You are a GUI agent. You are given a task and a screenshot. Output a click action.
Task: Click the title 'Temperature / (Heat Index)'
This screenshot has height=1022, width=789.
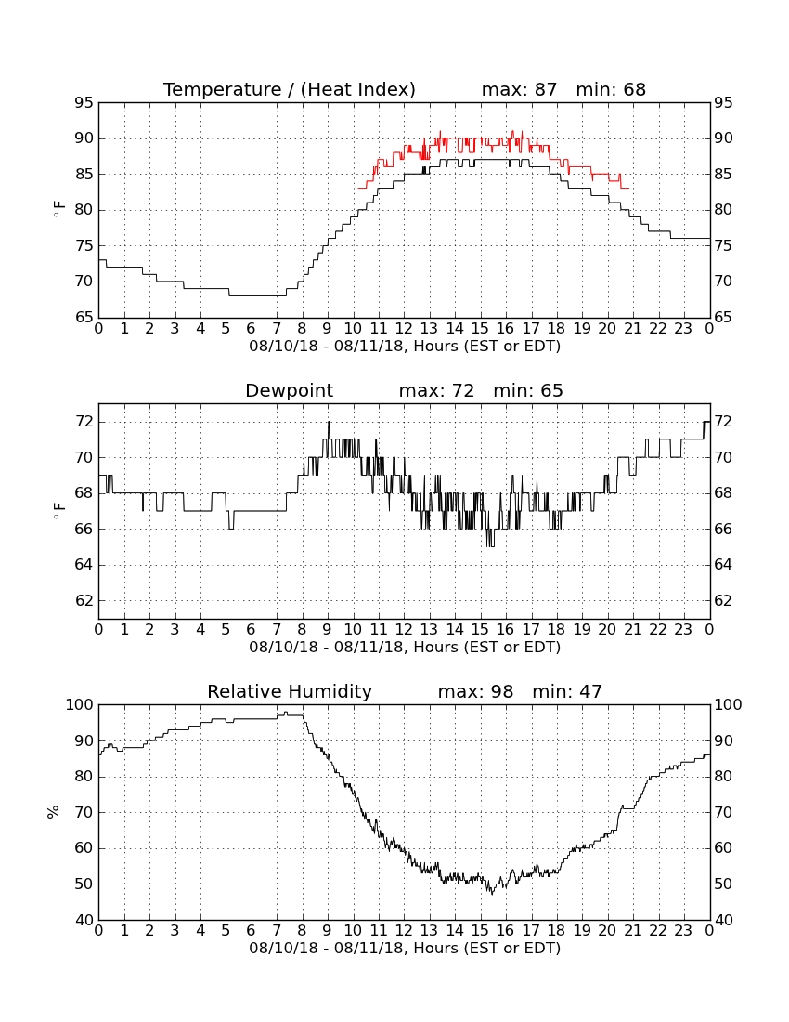pyautogui.click(x=289, y=89)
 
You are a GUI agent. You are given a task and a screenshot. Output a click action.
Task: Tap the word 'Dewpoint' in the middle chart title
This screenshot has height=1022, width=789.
pyautogui.click(x=289, y=391)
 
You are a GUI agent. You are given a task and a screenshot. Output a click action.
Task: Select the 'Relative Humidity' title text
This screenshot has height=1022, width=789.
pyautogui.click(x=289, y=691)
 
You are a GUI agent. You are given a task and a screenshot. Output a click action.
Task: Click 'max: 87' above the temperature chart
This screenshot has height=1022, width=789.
pyautogui.click(x=520, y=89)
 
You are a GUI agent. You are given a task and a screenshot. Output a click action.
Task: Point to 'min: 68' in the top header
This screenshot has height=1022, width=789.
pyautogui.click(x=611, y=89)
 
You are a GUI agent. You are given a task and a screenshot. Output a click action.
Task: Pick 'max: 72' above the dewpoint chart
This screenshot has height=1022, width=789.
pyautogui.click(x=436, y=391)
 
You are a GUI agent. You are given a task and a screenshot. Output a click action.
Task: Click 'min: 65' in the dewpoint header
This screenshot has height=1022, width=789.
pyautogui.click(x=528, y=391)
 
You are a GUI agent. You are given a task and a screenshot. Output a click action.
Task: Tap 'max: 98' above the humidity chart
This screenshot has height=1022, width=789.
pyautogui.click(x=475, y=691)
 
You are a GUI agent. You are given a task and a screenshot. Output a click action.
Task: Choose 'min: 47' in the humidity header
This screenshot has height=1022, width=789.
pyautogui.click(x=567, y=691)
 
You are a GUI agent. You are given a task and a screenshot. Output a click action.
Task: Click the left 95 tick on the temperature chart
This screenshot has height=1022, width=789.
pyautogui.click(x=84, y=103)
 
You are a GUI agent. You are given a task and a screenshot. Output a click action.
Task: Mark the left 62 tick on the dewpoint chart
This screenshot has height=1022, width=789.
pyautogui.click(x=84, y=600)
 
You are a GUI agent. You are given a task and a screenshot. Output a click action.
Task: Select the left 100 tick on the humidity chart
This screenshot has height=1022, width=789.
pyautogui.click(x=80, y=704)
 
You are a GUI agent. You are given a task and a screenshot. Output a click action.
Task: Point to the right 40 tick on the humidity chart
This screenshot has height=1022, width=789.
pyautogui.click(x=723, y=921)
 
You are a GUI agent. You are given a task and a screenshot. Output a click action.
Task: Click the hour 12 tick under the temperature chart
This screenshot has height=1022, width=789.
pyautogui.click(x=404, y=329)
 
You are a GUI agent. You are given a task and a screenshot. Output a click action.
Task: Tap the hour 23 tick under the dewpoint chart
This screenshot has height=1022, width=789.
pyautogui.click(x=683, y=630)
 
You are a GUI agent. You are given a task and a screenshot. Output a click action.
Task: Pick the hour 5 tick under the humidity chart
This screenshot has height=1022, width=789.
pyautogui.click(x=226, y=930)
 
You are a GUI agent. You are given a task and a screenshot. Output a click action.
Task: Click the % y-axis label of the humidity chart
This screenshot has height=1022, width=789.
pyautogui.click(x=54, y=812)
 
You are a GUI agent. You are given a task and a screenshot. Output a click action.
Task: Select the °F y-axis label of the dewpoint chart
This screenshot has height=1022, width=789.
pyautogui.click(x=58, y=511)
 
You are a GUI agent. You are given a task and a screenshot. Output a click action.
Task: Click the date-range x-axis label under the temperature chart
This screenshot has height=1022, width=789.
pyautogui.click(x=405, y=347)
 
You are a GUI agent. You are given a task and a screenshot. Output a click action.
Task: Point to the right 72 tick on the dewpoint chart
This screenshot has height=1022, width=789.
pyautogui.click(x=723, y=422)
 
